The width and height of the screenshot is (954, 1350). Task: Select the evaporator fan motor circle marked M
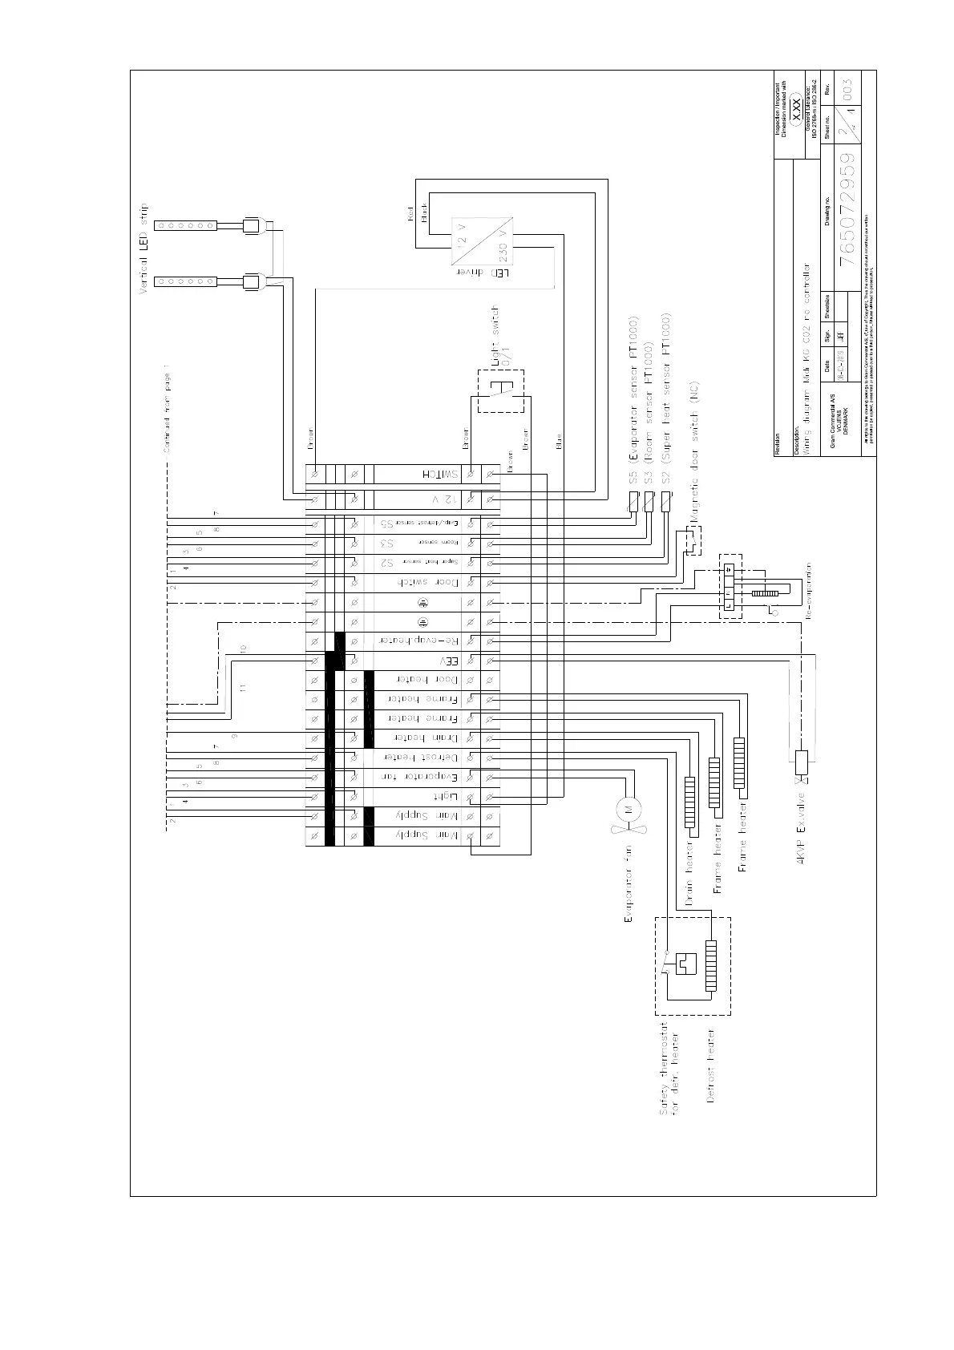[628, 806]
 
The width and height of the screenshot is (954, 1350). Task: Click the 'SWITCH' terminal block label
[438, 475]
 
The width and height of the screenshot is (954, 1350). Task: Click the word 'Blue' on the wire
[559, 441]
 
